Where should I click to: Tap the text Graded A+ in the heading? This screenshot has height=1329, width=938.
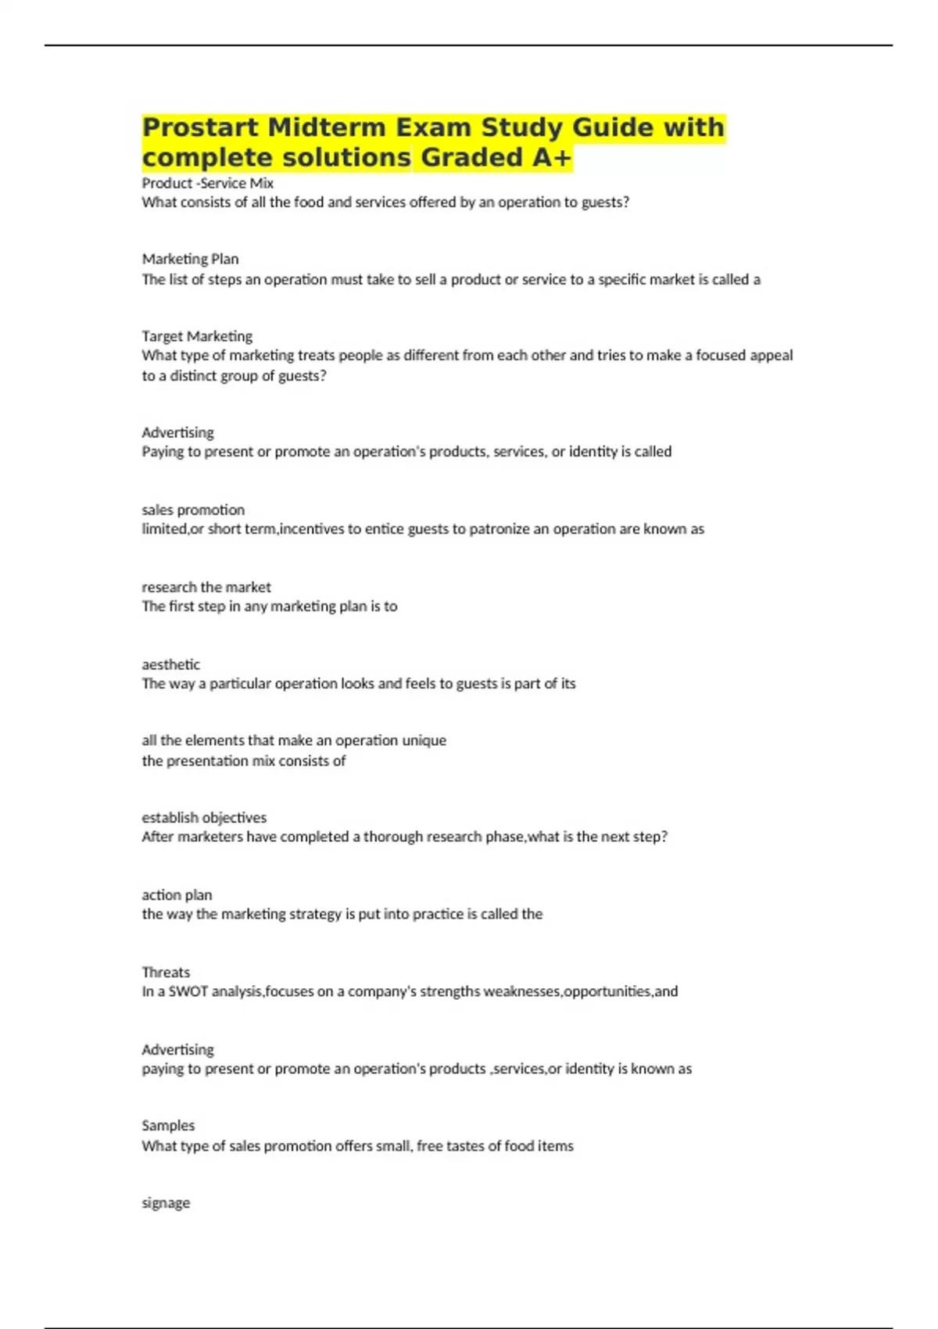point(496,158)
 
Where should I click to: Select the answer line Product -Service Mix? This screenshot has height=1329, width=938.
point(207,183)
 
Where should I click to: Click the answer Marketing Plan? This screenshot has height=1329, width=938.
point(190,259)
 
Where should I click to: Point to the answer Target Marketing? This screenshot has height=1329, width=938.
point(197,336)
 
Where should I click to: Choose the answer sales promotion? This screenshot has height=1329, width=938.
point(193,510)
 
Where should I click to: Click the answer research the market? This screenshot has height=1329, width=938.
point(206,587)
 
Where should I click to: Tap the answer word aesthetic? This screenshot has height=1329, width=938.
point(170,664)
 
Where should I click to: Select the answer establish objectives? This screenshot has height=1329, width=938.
point(204,818)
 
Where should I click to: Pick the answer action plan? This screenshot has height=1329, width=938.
point(177,895)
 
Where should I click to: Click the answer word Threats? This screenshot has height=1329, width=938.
point(166,973)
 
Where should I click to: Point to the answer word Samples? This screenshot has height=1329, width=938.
point(168,1126)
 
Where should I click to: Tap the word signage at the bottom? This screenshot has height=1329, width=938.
point(166,1203)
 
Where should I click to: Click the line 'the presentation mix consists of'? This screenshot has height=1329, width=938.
point(243,761)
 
